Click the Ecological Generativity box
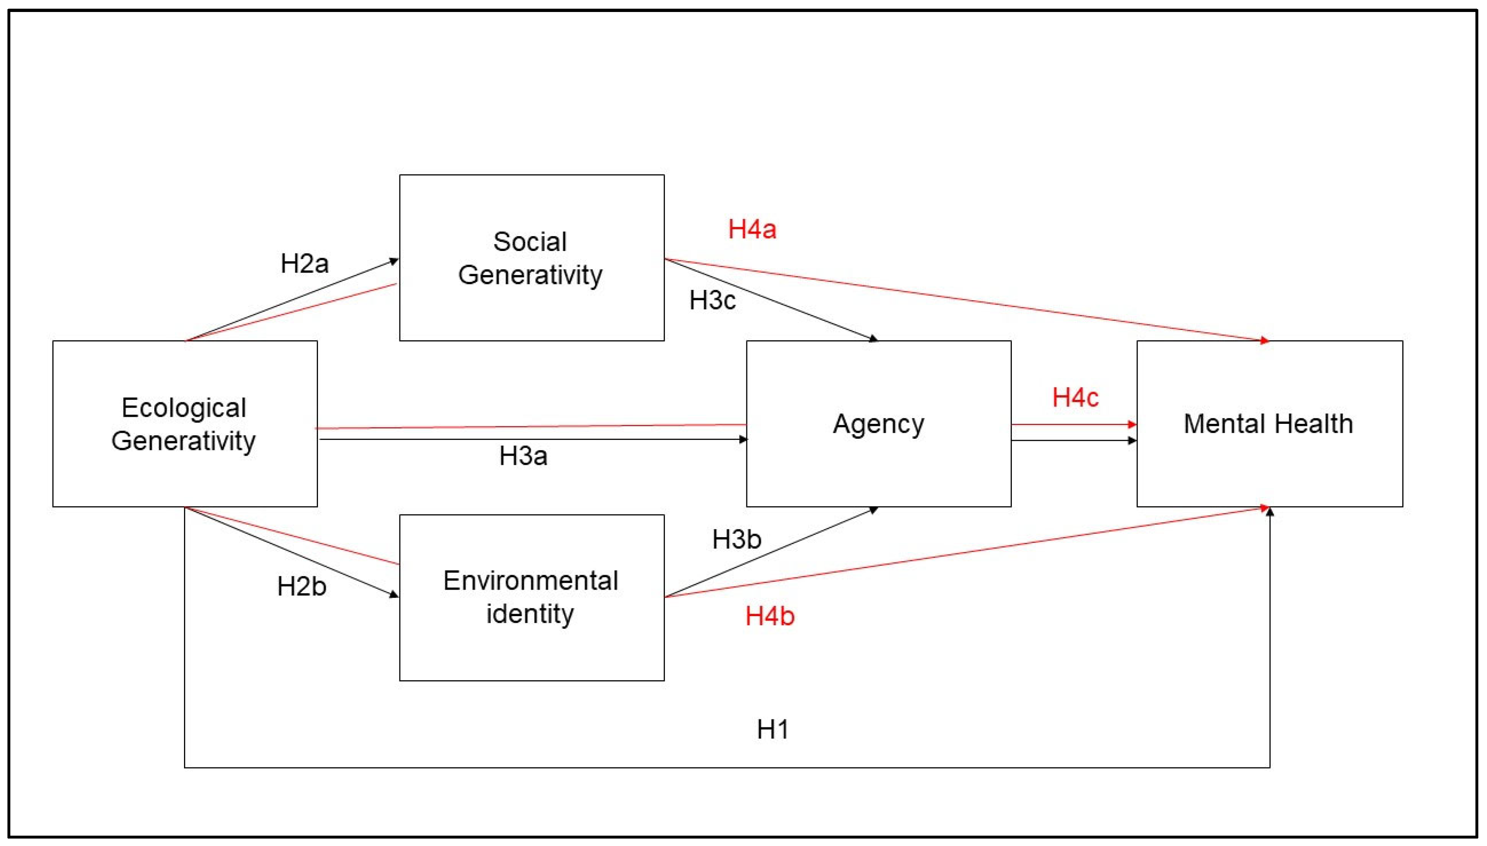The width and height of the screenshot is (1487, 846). click(185, 423)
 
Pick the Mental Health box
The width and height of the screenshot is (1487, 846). click(1269, 423)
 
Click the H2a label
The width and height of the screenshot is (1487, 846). click(304, 264)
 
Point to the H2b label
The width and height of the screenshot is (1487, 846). click(301, 586)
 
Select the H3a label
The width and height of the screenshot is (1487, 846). click(523, 456)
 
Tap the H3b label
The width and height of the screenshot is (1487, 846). click(736, 539)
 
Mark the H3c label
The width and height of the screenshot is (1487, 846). click(712, 300)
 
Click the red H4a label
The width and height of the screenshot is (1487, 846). click(752, 229)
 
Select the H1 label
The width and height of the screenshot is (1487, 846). click(773, 729)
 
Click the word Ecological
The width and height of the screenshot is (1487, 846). click(184, 408)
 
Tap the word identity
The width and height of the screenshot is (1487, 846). click(530, 614)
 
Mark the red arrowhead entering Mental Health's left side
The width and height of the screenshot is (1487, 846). click(1132, 425)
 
